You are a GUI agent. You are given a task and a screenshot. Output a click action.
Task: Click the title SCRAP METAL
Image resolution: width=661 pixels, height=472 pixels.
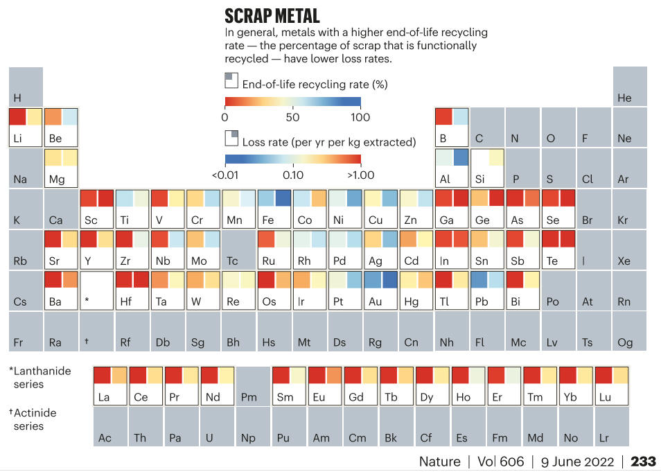click(x=272, y=16)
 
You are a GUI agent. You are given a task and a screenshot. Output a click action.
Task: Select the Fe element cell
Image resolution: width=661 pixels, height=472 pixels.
click(x=274, y=209)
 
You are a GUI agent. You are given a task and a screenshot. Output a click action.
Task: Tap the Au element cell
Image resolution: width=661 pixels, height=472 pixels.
click(x=381, y=290)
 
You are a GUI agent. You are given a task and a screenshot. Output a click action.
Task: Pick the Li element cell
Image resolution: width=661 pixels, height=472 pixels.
click(x=26, y=127)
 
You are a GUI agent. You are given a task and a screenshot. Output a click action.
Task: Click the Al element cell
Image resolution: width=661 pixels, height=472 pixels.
click(x=452, y=168)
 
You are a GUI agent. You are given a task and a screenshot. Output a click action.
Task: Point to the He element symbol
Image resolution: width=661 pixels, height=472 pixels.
click(x=624, y=98)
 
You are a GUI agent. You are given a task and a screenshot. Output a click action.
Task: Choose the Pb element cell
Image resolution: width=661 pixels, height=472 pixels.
click(x=488, y=290)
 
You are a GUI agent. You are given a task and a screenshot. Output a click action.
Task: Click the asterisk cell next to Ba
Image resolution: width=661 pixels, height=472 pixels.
click(x=97, y=290)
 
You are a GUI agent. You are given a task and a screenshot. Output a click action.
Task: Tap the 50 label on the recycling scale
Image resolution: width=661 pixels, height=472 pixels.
click(x=292, y=118)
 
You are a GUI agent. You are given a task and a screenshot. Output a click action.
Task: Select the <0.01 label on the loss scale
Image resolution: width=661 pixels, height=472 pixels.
click(x=226, y=175)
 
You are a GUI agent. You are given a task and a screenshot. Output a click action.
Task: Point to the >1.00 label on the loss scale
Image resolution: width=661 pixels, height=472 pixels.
click(x=360, y=175)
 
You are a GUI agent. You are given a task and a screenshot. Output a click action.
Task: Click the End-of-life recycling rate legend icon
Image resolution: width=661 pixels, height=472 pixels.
click(x=231, y=80)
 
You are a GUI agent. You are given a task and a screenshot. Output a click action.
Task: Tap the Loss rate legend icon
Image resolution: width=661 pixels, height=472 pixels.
click(x=231, y=137)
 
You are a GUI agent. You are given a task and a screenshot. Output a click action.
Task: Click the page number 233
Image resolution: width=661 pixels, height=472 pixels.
click(x=643, y=461)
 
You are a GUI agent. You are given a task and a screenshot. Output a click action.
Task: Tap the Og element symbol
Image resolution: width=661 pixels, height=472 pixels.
click(x=625, y=342)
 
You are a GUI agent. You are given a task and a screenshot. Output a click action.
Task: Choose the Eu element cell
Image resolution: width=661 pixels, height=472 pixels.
click(x=325, y=386)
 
